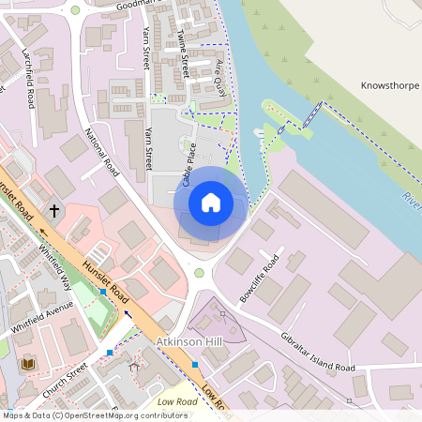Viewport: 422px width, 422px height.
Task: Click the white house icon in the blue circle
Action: [x=211, y=202]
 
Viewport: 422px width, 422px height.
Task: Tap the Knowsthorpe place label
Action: [x=390, y=85]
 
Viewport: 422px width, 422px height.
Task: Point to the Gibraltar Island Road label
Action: [x=319, y=353]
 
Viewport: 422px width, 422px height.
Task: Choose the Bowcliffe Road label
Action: [x=259, y=279]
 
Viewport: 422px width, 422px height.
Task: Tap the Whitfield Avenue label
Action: [x=41, y=319]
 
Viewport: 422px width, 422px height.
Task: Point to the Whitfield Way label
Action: [x=55, y=264]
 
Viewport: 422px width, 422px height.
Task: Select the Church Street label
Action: [x=64, y=378]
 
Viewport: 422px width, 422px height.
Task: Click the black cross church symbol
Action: [x=54, y=211]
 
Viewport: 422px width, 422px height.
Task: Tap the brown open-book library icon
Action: [x=26, y=364]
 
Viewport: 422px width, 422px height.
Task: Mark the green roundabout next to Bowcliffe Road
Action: [x=199, y=273]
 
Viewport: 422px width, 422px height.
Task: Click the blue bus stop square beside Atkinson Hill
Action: [x=195, y=363]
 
